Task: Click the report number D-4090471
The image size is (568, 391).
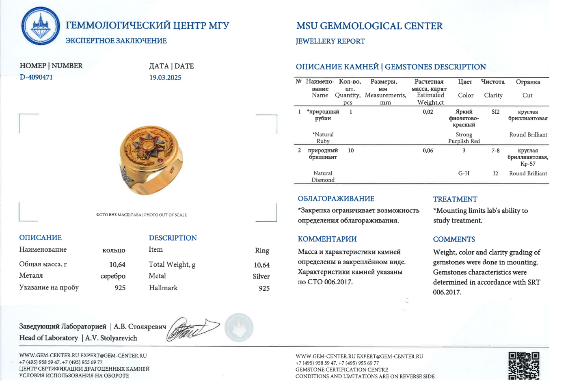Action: pos(36,77)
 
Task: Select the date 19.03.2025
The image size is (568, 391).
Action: pos(165,78)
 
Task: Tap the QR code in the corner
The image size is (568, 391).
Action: pos(524,365)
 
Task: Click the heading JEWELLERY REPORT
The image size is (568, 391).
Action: pos(330,41)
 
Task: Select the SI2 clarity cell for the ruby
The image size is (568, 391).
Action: pos(495,112)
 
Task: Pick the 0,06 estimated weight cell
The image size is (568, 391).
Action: pos(428,151)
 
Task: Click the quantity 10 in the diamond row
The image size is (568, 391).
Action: pos(351,151)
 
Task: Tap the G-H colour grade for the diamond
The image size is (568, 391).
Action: pos(464,173)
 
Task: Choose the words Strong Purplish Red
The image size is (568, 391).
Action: pos(464,138)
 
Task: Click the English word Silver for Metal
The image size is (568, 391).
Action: pos(261,277)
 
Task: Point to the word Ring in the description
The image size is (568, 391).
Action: pos(262,251)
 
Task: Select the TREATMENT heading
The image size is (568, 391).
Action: pos(455,199)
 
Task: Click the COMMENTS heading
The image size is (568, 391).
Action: pos(454,240)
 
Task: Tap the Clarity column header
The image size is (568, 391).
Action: pos(493,95)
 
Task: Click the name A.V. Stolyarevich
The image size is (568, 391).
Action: pos(111,338)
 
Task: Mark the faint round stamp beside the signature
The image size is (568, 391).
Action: pos(239,327)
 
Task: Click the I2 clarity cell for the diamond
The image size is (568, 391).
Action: pos(495,173)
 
